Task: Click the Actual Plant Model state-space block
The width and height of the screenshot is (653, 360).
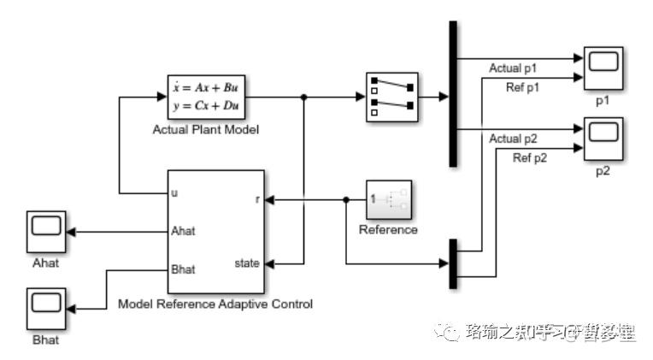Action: pos(205,97)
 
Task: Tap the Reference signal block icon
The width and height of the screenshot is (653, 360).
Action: pos(389,200)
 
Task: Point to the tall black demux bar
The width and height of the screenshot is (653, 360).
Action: pos(453,94)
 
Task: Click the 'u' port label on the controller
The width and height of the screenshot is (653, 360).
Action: pos(174,192)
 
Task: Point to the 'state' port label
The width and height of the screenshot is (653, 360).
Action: pos(247,263)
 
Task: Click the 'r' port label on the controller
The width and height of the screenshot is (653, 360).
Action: pos(257,199)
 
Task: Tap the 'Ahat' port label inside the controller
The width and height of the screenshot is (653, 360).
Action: pos(184,230)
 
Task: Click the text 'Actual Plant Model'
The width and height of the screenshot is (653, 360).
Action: pos(205,130)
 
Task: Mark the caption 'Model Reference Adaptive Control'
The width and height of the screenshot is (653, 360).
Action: pos(215,304)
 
